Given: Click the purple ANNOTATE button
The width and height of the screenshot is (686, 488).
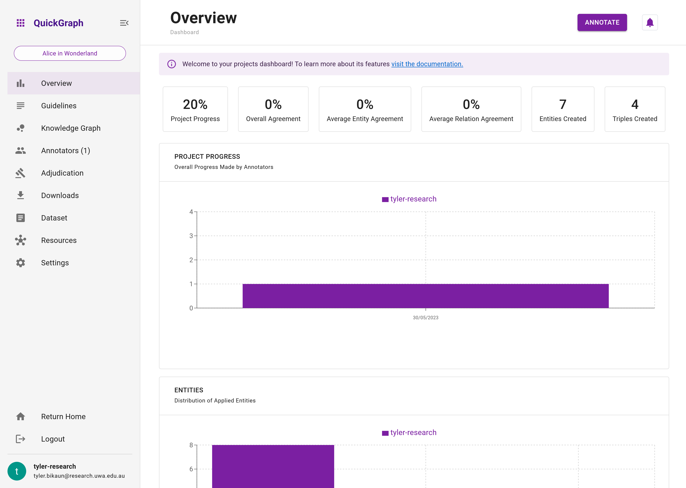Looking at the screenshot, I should [x=602, y=23].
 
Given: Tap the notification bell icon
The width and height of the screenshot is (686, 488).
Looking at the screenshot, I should [x=650, y=23].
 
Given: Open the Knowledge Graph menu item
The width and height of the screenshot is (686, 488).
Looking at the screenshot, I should [x=71, y=128].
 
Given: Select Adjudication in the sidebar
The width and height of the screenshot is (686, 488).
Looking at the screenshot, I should [x=62, y=173].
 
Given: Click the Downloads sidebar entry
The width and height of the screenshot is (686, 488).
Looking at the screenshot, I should [x=60, y=196].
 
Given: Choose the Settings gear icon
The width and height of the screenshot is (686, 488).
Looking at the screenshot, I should [x=20, y=263].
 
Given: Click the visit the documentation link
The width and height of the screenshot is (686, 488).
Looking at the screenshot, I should [x=427, y=64].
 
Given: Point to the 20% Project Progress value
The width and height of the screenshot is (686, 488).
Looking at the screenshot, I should [x=195, y=105].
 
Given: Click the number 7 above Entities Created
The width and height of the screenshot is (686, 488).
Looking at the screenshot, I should [x=562, y=105].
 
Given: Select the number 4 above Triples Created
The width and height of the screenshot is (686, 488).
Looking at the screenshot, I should [x=635, y=105].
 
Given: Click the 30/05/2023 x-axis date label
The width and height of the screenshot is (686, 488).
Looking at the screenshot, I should [x=425, y=318].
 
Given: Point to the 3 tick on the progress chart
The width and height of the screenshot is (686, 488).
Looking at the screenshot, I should [x=191, y=236].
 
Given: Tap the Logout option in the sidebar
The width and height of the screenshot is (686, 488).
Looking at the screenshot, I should [x=53, y=439].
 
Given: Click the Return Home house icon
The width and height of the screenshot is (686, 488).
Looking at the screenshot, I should [x=20, y=416].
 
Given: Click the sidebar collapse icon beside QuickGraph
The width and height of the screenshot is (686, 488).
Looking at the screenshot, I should [x=124, y=23].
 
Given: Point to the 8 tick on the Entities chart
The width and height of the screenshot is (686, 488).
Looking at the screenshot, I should [x=191, y=445].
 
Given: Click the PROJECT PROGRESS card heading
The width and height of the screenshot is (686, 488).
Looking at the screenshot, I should [x=207, y=157].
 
